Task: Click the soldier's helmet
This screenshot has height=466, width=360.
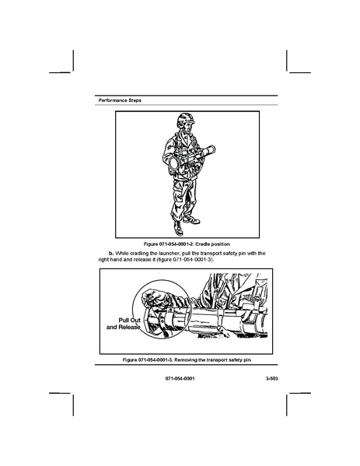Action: click(186, 119)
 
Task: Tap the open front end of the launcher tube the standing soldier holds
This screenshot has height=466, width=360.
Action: click(173, 162)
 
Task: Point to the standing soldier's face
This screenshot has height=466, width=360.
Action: click(187, 128)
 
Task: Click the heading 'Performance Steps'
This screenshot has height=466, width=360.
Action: click(120, 100)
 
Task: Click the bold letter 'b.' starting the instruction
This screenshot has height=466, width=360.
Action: click(111, 254)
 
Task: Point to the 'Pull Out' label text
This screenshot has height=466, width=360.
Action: click(130, 321)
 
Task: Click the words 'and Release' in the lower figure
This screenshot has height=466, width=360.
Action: click(124, 328)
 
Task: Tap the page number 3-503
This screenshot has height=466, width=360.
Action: click(272, 379)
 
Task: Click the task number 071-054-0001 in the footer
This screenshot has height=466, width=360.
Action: click(180, 379)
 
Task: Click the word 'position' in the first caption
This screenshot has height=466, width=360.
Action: click(220, 244)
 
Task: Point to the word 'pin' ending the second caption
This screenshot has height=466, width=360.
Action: click(247, 360)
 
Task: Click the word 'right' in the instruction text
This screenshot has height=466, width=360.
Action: click(103, 259)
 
